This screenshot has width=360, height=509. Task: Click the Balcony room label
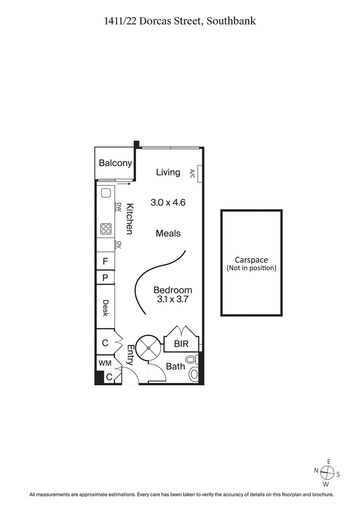click(x=115, y=163)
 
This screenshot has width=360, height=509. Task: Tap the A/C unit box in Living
click(x=199, y=173)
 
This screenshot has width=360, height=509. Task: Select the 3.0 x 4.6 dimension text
click(x=168, y=203)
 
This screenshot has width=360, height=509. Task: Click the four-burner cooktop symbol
click(x=106, y=229)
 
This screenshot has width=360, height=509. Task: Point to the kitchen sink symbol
click(x=106, y=193)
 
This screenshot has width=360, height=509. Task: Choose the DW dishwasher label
click(x=120, y=207)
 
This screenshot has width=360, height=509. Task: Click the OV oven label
click(x=120, y=245)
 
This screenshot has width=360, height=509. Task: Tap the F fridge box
click(x=105, y=261)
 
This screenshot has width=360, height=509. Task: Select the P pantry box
click(x=105, y=277)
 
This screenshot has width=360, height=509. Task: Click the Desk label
click(x=106, y=308)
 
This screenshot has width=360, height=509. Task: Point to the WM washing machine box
click(x=105, y=362)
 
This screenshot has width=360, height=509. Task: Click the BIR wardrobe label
click(x=180, y=345)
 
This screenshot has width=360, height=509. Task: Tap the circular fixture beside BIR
click(x=148, y=347)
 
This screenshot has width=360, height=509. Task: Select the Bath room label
click(x=175, y=366)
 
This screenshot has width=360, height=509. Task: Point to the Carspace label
click(x=252, y=260)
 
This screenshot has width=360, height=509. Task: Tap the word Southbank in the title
click(x=231, y=21)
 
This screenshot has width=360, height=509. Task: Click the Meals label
click(x=168, y=233)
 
